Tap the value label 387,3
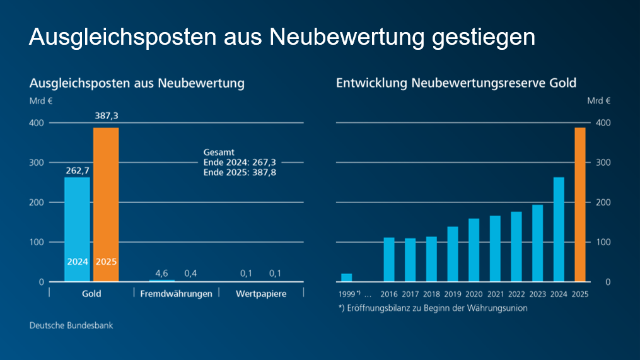click(106, 116)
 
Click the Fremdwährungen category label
click(176, 294)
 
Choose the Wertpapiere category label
click(260, 294)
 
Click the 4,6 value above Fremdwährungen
click(161, 273)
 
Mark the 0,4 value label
click(190, 273)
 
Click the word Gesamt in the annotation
click(219, 153)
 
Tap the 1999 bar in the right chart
click(346, 277)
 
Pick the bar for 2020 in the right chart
click(474, 250)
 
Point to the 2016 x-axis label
click(389, 294)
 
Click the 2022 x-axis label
click(516, 294)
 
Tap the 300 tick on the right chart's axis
click(603, 163)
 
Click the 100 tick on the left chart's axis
click(37, 242)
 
